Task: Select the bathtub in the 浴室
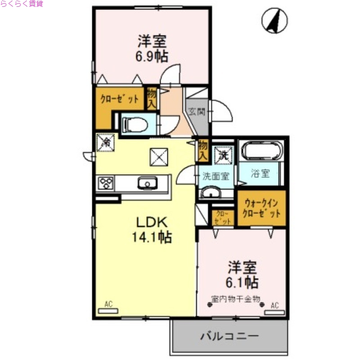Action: (260, 150)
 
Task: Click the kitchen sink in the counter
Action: (146, 183)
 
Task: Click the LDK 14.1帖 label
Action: (152, 229)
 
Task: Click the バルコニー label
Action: (229, 336)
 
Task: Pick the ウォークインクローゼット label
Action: (261, 208)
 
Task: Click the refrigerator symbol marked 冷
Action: (106, 143)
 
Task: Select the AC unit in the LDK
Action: (108, 310)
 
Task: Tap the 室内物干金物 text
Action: (236, 298)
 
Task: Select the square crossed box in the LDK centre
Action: (159, 157)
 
